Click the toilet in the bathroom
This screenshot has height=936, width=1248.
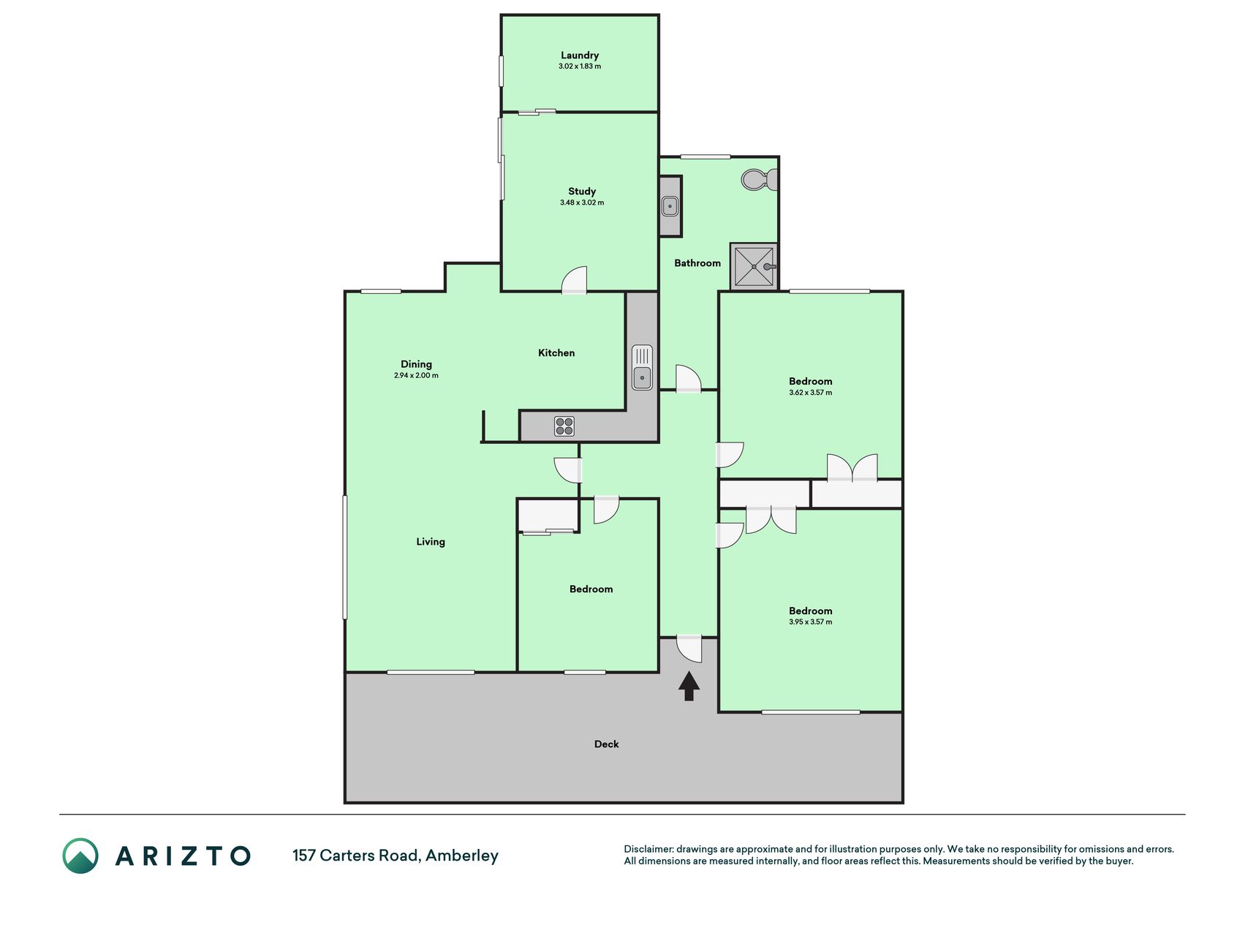[x=759, y=180]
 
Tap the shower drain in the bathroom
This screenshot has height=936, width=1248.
[x=754, y=267]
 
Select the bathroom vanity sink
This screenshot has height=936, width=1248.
[x=670, y=206]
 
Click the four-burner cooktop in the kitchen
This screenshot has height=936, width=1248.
[x=564, y=426]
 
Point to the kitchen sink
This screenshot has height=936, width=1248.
[x=642, y=368]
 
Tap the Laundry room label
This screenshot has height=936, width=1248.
[x=580, y=56]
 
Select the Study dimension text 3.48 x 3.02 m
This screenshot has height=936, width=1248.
[x=582, y=203]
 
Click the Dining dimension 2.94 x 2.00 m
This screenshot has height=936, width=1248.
[x=416, y=376]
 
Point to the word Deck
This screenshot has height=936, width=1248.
[x=606, y=744]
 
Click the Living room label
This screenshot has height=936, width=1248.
[x=431, y=542]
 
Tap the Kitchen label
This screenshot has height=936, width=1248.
[x=556, y=353]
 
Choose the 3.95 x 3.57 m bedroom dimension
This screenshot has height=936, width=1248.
[x=810, y=622]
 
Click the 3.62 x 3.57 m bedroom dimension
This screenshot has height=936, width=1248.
[x=810, y=393]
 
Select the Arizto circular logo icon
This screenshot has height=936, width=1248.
[x=80, y=856]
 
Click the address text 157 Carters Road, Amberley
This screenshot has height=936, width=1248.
[x=396, y=856]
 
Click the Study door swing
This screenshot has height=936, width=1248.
[x=575, y=280]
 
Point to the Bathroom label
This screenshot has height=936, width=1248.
[x=697, y=263]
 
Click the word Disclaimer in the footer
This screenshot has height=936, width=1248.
[x=648, y=849]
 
